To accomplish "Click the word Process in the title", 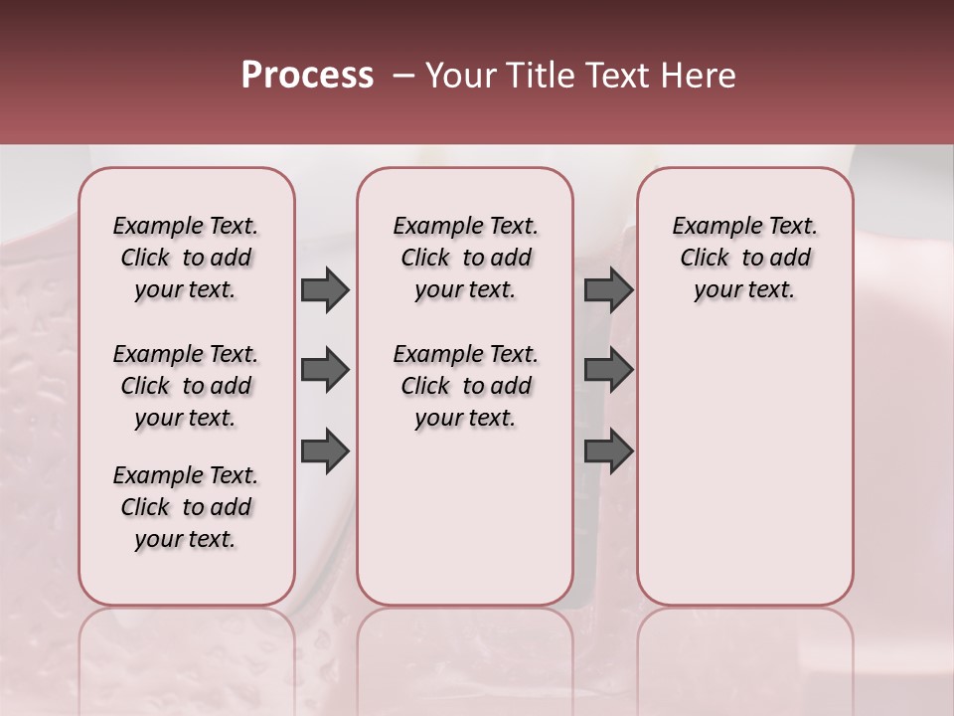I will (x=307, y=76).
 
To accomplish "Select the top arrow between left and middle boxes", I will (x=325, y=290).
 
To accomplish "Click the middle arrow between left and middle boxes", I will (x=325, y=371).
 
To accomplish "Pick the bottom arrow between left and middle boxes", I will (x=325, y=451).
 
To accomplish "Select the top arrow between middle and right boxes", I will (x=608, y=290).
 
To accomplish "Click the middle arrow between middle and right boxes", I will (x=608, y=371).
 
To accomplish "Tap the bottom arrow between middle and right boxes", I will (x=608, y=451).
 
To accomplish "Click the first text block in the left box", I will (x=186, y=258).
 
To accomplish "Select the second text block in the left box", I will (x=186, y=386).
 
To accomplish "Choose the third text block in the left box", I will (x=186, y=507).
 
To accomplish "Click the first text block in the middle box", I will (x=465, y=258).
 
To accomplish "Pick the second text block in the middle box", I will (x=465, y=386).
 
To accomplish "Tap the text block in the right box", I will (x=744, y=258).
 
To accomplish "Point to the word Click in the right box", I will (x=705, y=259).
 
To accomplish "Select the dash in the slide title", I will (x=402, y=76).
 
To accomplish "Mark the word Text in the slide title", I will (x=609, y=76).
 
